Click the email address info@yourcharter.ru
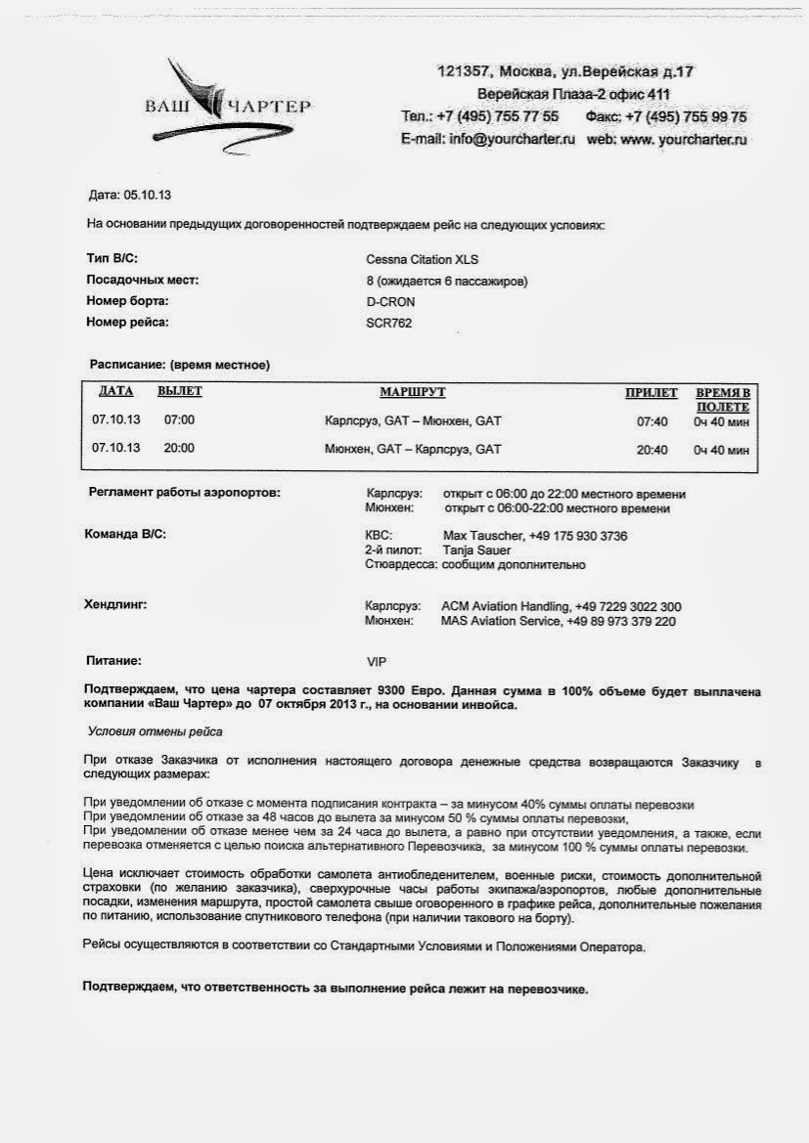click(x=513, y=140)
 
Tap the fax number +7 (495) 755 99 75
click(x=685, y=117)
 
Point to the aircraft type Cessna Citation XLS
click(x=423, y=260)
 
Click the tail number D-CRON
click(x=391, y=302)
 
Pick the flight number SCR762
click(x=389, y=323)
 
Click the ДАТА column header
click(x=115, y=392)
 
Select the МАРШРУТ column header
click(x=412, y=392)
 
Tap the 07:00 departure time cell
click(x=180, y=420)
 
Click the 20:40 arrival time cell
click(x=652, y=451)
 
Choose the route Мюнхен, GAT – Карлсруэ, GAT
click(x=412, y=450)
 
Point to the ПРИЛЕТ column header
click(x=652, y=393)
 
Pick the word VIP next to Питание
click(x=378, y=662)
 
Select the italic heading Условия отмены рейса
click(x=156, y=730)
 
